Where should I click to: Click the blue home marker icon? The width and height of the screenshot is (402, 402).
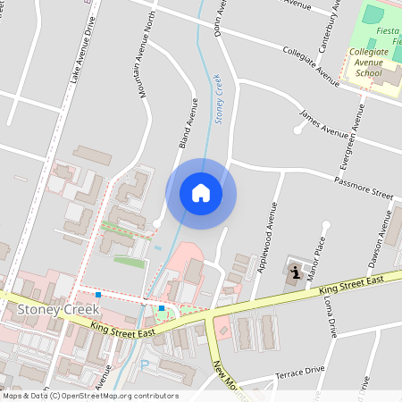coord(201,193)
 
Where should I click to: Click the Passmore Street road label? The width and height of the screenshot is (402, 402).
coord(363,188)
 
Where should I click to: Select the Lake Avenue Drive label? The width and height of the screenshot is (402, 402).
coord(81,57)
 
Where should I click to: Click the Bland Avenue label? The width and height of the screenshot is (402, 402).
coord(187,122)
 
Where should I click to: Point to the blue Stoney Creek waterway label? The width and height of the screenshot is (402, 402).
coord(217,98)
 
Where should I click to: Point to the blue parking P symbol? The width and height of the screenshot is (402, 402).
coord(145,365)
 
